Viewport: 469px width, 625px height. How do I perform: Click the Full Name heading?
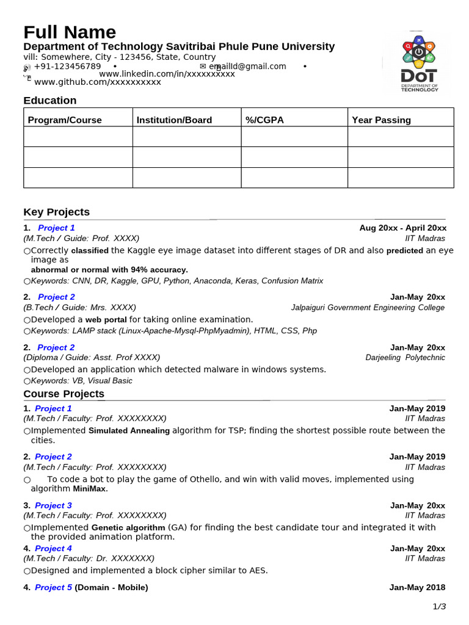pyautogui.click(x=70, y=32)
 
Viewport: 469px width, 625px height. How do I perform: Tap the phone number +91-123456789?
pyautogui.click(x=67, y=66)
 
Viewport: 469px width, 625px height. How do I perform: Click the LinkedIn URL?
pyautogui.click(x=167, y=74)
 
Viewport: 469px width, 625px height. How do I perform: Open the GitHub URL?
pyautogui.click(x=97, y=82)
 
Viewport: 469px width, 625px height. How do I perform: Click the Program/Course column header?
pyautogui.click(x=65, y=120)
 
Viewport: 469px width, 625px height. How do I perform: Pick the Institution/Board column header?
pyautogui.click(x=174, y=120)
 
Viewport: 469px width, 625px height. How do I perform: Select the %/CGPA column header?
pyautogui.click(x=264, y=120)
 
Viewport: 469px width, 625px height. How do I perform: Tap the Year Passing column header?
pyautogui.click(x=381, y=120)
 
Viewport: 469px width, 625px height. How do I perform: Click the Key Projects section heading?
pyautogui.click(x=56, y=212)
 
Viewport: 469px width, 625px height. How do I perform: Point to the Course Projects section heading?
pyautogui.click(x=64, y=394)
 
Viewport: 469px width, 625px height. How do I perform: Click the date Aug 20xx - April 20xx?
pyautogui.click(x=402, y=228)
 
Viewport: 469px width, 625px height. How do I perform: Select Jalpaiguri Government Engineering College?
pyautogui.click(x=368, y=308)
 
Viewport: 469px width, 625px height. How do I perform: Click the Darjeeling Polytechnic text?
pyautogui.click(x=405, y=358)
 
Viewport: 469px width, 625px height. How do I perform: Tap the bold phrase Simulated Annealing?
pyautogui.click(x=129, y=431)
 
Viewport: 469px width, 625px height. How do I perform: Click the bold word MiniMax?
pyautogui.click(x=90, y=489)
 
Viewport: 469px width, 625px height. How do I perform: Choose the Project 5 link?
pyautogui.click(x=53, y=587)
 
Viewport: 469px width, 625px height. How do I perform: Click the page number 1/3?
pyautogui.click(x=439, y=606)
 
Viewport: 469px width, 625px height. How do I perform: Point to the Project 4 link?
pyautogui.click(x=53, y=548)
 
